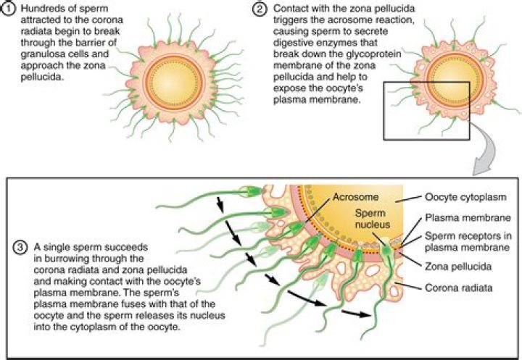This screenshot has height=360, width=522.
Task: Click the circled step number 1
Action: coord(8,9)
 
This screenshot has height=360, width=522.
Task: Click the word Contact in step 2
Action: coord(293,9)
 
